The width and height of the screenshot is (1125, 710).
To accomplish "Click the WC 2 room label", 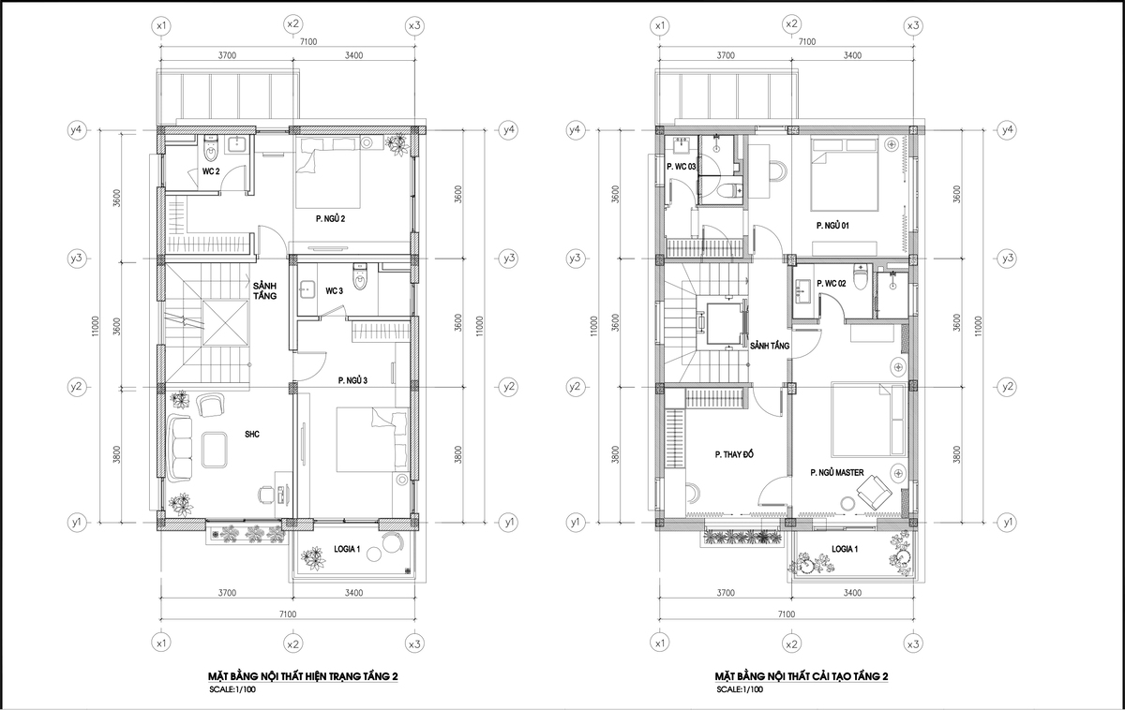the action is [211, 171].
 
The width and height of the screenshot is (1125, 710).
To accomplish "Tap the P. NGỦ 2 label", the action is [330, 219].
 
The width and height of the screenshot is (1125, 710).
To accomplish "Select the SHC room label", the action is [252, 434].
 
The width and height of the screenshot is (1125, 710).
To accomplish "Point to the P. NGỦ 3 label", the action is [352, 381].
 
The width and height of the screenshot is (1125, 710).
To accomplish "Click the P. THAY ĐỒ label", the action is [734, 454].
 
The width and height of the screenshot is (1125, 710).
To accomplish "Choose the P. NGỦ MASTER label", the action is [837, 473].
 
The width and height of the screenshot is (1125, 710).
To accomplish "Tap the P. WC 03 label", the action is [681, 167].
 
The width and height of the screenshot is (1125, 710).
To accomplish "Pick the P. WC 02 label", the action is [832, 284].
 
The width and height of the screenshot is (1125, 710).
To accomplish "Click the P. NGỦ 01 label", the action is [832, 226].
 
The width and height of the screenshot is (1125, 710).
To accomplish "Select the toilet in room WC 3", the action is [360, 277].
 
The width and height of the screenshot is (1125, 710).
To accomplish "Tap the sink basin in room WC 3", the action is [306, 289].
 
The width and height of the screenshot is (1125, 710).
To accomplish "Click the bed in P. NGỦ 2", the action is [328, 172].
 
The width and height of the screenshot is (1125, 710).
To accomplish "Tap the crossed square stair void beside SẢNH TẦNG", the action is [226, 322].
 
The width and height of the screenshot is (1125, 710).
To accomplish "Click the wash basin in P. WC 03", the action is [682, 145].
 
